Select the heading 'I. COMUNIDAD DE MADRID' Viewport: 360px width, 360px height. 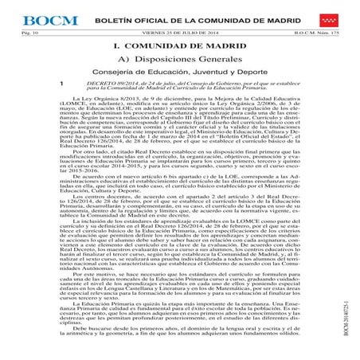[x=179, y=47]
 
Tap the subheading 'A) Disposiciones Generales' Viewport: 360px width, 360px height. [x=179, y=64]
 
